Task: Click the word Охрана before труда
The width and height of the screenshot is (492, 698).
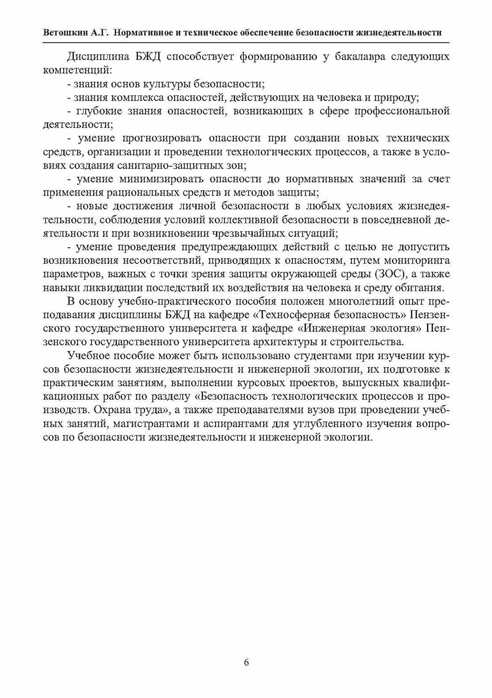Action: coord(111,410)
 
